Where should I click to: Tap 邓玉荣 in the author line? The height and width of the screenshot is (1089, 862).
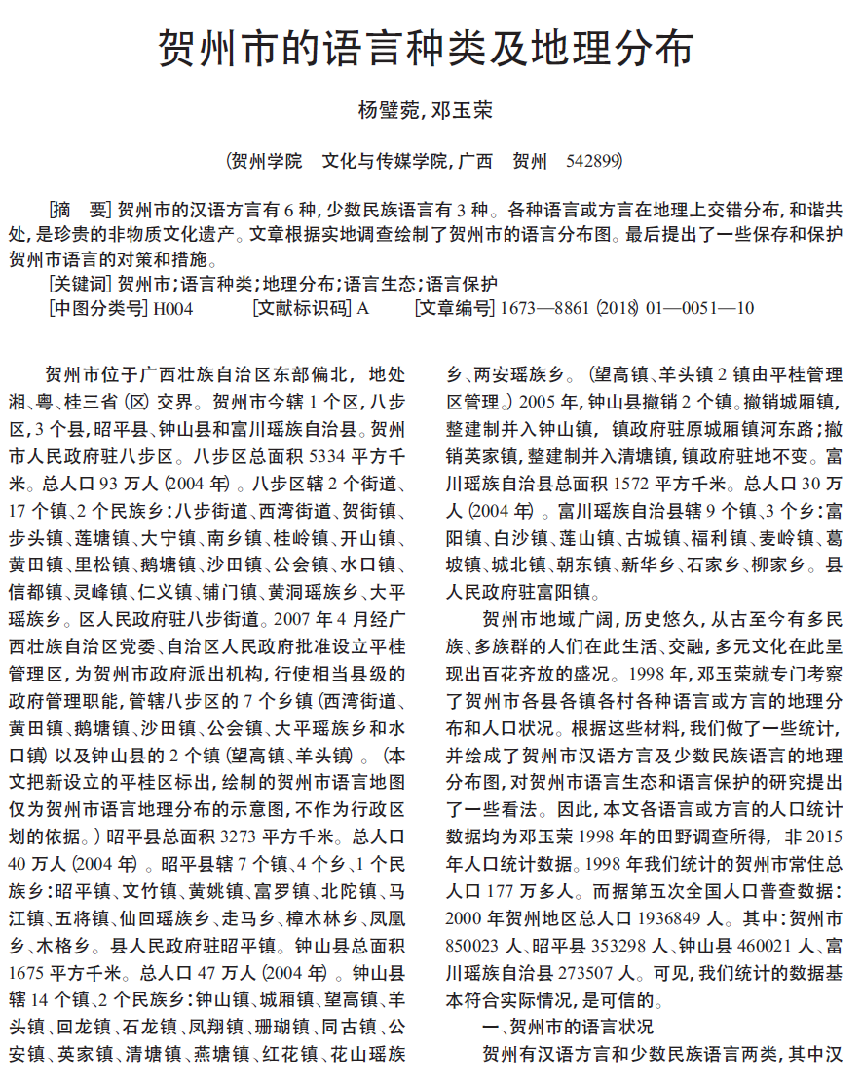(463, 110)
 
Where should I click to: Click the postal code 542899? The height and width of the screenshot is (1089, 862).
(592, 162)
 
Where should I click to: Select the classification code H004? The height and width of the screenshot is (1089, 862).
(173, 309)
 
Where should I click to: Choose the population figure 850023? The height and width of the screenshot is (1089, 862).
(471, 944)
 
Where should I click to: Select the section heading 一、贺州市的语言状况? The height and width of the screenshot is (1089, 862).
(568, 1026)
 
